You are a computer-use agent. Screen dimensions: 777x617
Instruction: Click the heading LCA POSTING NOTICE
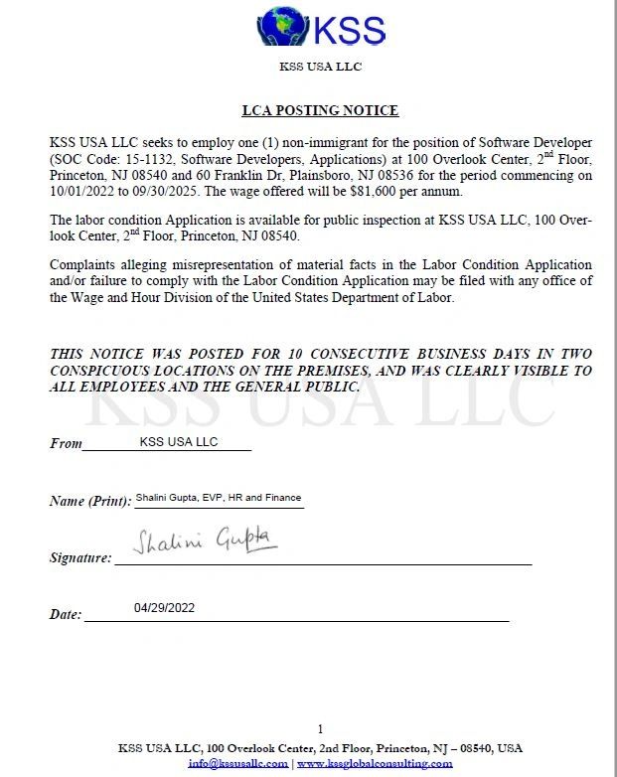320,110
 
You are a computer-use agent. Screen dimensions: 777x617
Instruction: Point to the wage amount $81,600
416,192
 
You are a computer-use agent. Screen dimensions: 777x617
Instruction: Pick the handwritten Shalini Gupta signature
205,541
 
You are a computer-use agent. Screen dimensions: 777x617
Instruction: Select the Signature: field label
80,558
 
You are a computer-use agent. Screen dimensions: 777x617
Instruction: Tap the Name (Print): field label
89,501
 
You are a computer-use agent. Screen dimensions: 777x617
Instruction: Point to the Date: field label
66,615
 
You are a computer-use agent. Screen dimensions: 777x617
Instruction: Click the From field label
66,443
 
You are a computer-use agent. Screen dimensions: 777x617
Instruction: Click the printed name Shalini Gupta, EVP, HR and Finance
218,497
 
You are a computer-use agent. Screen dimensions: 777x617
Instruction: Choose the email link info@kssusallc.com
237,763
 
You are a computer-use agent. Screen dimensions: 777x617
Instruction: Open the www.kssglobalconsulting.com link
375,763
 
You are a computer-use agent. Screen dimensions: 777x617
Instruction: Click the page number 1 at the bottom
320,729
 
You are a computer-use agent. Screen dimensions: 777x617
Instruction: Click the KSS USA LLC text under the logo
320,67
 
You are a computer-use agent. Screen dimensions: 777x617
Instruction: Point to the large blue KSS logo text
349,30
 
